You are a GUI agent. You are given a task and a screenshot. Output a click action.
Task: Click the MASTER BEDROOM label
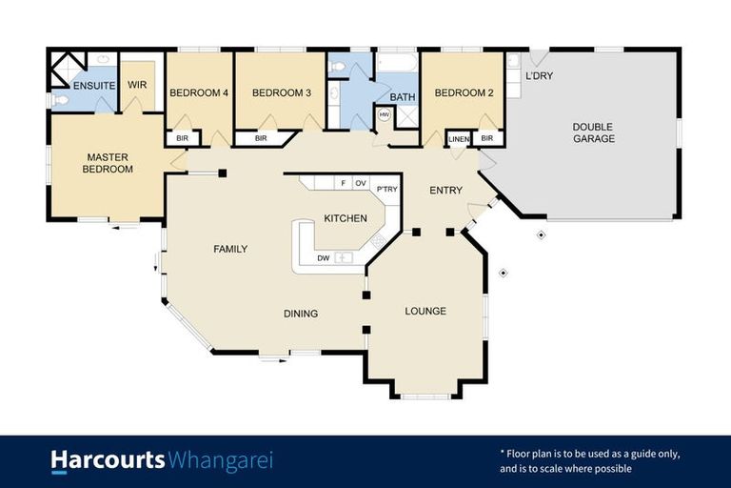click(108, 163)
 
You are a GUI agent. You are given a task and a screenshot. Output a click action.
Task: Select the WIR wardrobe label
click(138, 85)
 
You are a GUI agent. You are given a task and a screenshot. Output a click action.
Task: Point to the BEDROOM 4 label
click(199, 93)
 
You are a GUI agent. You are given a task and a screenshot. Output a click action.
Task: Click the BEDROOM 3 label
click(281, 93)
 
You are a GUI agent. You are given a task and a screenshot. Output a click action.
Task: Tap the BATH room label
click(402, 97)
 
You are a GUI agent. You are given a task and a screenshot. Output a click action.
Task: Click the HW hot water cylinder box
click(385, 115)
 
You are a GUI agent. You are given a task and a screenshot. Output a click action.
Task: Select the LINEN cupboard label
click(459, 139)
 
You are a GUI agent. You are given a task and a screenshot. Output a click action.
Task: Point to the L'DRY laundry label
click(539, 75)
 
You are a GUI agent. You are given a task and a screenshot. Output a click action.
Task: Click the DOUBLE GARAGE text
click(593, 132)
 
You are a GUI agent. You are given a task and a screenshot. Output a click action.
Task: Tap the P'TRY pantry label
click(386, 190)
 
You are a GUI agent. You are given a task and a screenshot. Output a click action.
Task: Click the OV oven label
click(360, 182)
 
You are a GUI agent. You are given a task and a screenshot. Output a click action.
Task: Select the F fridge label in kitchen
click(341, 182)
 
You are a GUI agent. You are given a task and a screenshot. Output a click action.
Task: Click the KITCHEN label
click(345, 219)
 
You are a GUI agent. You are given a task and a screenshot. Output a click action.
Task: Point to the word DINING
click(301, 314)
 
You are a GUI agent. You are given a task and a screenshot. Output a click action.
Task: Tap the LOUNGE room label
click(425, 312)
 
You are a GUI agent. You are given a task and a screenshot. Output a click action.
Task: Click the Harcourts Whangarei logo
click(161, 461)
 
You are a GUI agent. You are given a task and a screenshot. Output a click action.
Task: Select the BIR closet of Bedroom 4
click(181, 139)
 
